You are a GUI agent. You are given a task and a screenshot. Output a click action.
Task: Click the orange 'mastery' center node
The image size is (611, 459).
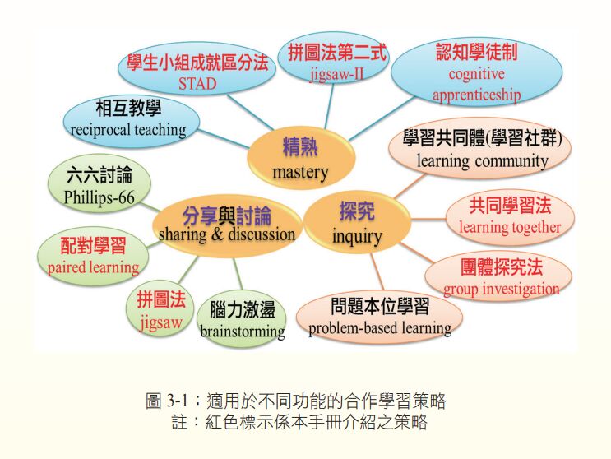[301, 158]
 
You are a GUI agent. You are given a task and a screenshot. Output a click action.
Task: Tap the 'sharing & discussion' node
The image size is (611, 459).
[227, 225]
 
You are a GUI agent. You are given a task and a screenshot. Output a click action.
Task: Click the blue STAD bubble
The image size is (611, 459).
[197, 69]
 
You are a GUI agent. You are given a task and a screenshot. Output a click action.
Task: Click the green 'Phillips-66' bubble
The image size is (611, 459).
[100, 183]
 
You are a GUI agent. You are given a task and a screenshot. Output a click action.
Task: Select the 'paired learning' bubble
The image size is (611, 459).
[93, 256]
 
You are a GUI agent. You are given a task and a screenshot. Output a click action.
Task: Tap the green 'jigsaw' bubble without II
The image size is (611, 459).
[160, 309]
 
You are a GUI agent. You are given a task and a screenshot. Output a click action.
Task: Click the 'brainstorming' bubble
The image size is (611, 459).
[242, 318]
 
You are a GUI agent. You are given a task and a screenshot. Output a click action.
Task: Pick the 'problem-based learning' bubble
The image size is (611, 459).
[380, 317]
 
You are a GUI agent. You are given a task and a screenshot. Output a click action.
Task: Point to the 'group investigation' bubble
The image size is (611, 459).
[498, 276]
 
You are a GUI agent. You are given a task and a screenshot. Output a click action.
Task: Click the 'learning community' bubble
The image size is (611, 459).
[480, 148]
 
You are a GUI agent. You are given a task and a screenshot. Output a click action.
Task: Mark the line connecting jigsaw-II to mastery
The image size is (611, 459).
[329, 106]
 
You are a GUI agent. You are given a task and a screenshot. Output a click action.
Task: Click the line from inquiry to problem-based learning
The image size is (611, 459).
[377, 272]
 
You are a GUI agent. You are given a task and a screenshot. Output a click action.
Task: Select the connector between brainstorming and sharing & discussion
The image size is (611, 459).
[238, 274]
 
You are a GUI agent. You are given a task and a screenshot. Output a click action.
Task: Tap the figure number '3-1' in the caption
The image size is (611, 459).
[178, 401]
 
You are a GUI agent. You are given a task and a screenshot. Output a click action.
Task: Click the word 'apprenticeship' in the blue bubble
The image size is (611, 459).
[477, 95]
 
